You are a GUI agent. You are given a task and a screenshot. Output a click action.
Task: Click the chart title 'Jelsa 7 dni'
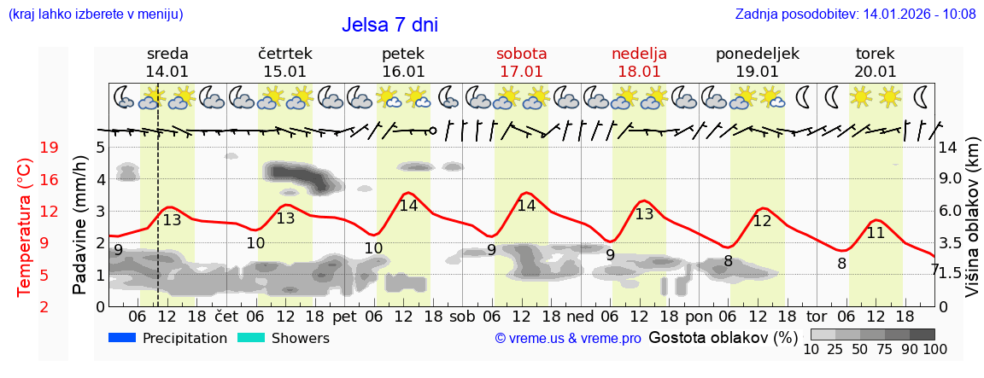[389, 25]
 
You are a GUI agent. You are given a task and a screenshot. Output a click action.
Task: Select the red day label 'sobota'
[521, 54]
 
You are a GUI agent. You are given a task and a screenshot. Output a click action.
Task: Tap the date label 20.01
[875, 72]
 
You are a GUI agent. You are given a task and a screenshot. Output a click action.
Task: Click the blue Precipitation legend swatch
[122, 338]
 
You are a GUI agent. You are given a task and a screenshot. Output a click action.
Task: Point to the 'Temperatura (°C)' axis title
[26, 227]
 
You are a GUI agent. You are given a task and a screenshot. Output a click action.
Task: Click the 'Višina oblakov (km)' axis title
[972, 227]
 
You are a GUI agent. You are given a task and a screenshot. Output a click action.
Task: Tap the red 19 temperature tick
[50, 148]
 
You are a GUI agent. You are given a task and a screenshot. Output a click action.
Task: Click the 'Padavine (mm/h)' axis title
[80, 225]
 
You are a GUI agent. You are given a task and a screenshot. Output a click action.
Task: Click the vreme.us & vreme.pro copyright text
[568, 338]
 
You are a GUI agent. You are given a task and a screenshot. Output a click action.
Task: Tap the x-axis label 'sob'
[462, 316]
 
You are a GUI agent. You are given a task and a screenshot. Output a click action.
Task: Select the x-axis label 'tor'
[817, 316]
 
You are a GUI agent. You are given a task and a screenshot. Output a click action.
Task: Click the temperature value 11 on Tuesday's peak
[876, 232]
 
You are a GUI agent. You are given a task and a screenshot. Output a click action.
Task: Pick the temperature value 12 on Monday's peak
[762, 220]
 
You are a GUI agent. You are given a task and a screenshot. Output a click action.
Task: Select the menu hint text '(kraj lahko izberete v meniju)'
[95, 14]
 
